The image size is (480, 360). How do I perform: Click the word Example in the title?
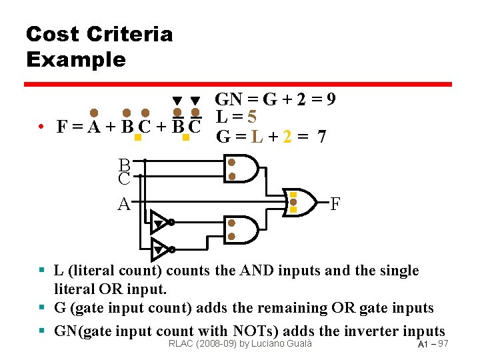[75, 59]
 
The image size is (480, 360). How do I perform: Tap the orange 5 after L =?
[251, 117]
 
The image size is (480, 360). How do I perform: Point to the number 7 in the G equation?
[321, 137]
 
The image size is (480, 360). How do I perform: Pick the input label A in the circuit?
[123, 203]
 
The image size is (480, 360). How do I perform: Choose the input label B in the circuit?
[124, 164]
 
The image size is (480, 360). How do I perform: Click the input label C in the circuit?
[124, 179]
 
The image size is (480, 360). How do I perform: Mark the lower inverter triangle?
[160, 249]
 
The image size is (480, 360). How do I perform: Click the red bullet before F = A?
[41, 126]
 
